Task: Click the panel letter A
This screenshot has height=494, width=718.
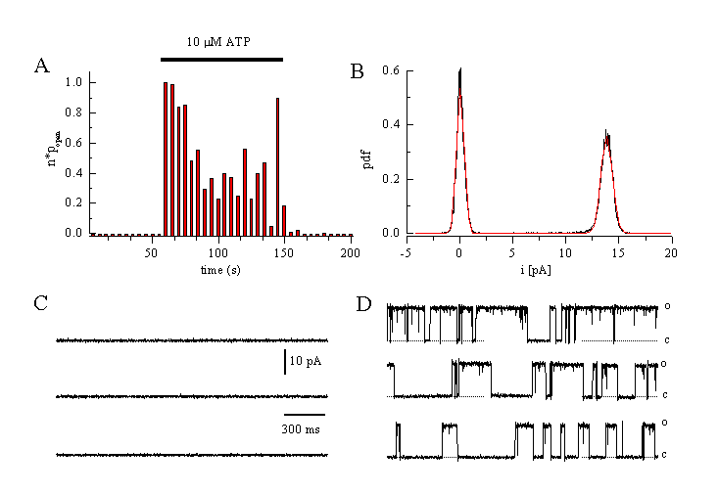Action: [41, 66]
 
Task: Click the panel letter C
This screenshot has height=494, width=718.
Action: [41, 303]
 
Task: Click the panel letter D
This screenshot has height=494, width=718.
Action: [364, 304]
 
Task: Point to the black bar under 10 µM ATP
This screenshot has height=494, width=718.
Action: [221, 60]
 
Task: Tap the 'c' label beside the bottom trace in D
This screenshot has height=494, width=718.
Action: [665, 454]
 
